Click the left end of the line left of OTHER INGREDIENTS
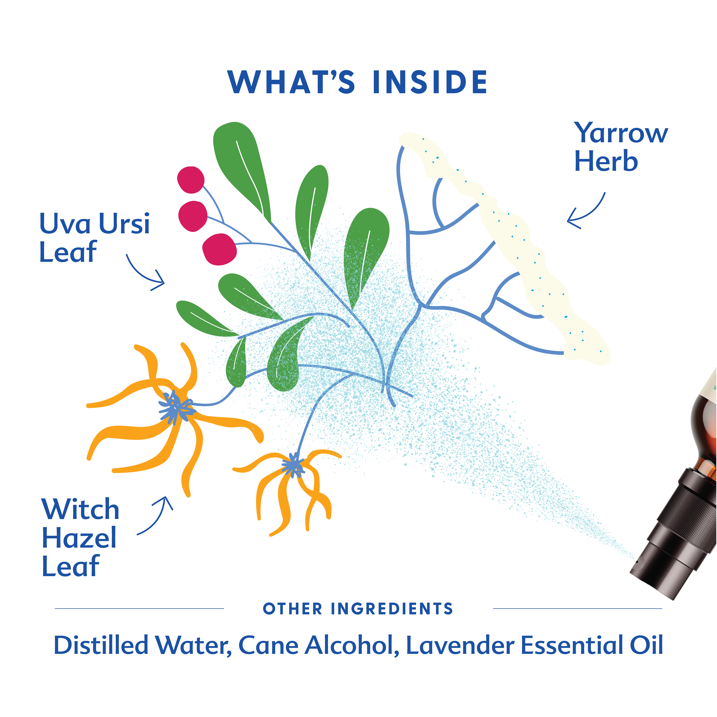click(55, 609)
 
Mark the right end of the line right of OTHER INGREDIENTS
click(662, 609)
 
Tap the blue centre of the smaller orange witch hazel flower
click(294, 465)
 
